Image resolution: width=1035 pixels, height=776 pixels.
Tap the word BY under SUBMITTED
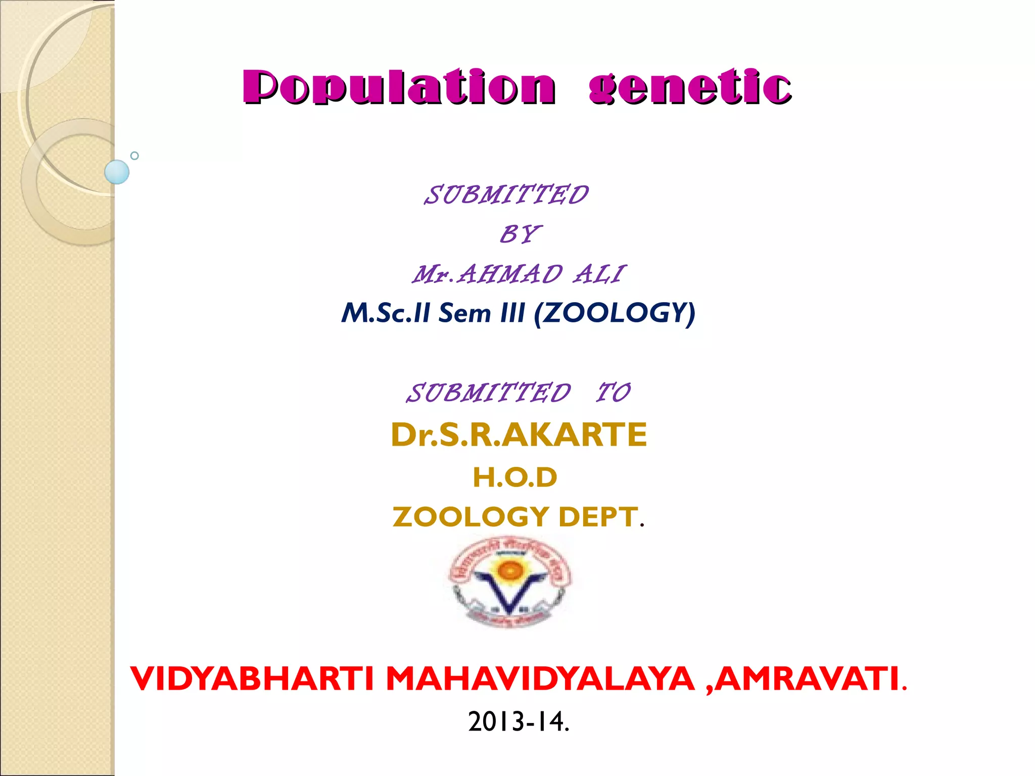[x=520, y=234]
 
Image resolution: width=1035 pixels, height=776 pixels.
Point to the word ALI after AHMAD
[x=600, y=275]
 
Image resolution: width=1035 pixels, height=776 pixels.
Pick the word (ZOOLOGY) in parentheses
[x=615, y=313]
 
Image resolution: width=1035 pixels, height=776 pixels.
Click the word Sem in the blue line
[x=464, y=313]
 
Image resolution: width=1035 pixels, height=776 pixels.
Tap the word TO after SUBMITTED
[x=613, y=393]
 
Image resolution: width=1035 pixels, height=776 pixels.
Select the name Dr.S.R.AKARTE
[x=519, y=434]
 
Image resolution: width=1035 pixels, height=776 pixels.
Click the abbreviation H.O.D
[x=515, y=477]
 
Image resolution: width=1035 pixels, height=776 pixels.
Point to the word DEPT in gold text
[x=597, y=517]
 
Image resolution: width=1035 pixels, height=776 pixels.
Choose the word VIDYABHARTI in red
[x=252, y=678]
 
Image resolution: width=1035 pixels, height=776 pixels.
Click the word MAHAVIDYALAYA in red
[x=540, y=678]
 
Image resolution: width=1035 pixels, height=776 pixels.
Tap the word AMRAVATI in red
[x=807, y=678]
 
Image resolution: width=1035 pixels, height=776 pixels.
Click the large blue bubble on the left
[x=117, y=172]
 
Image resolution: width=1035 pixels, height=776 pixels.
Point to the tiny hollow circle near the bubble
[x=134, y=156]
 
